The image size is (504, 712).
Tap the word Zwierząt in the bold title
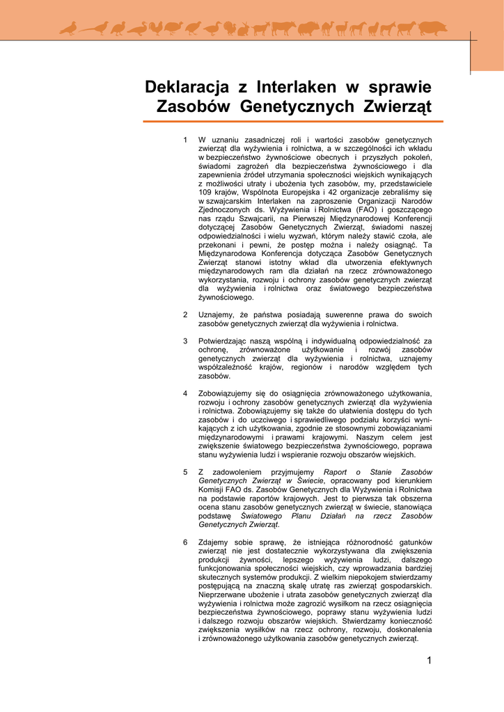coord(397,106)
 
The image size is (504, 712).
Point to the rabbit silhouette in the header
coord(244,29)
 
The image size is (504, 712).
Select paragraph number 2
coord(185,314)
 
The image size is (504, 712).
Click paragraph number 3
coord(185,341)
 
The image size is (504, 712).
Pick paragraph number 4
coord(185,394)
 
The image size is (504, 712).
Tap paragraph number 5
coord(185,472)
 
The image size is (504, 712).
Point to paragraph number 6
coord(185,542)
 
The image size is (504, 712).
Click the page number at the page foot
coord(430,661)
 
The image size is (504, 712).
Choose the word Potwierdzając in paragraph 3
coord(224,341)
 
